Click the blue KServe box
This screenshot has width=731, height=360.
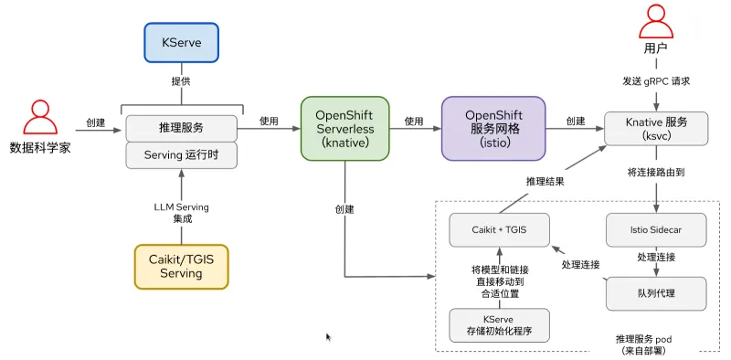click(181, 42)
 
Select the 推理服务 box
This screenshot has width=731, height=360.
click(181, 127)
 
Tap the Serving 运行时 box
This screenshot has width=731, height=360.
click(181, 154)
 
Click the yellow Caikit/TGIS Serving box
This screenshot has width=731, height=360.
click(181, 266)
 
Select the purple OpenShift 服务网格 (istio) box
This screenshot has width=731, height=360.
click(493, 128)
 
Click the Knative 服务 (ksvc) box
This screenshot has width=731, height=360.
click(657, 128)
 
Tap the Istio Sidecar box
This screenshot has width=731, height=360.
click(656, 229)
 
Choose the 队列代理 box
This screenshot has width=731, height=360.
click(656, 292)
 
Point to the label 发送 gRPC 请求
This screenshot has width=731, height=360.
click(657, 81)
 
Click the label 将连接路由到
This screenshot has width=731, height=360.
click(657, 172)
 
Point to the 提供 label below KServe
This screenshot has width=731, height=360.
click(181, 80)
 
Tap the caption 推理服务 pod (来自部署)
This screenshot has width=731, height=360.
click(656, 344)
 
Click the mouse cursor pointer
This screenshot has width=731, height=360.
click(329, 337)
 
